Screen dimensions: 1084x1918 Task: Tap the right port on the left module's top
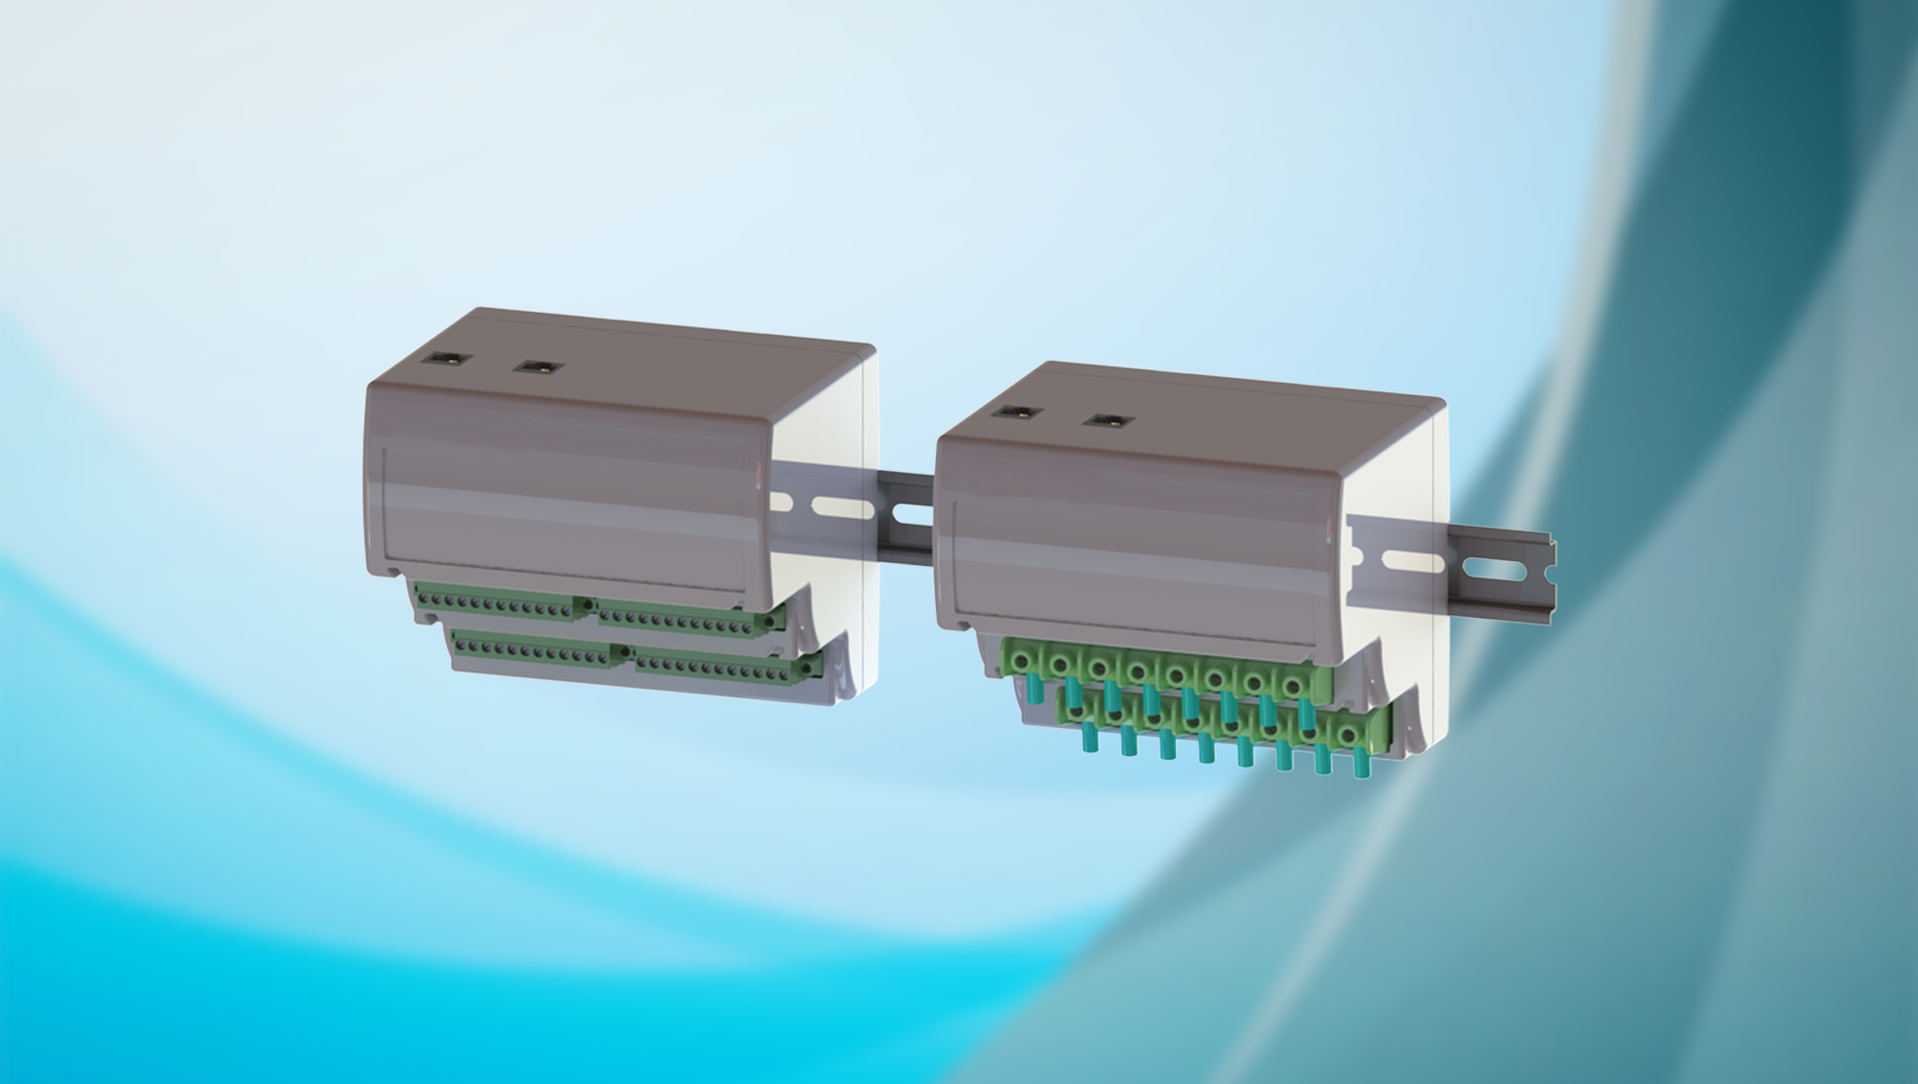pos(538,366)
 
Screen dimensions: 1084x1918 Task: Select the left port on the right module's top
pos(1017,412)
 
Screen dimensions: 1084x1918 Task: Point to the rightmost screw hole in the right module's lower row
pos(1349,736)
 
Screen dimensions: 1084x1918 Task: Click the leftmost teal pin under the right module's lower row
pos(1089,738)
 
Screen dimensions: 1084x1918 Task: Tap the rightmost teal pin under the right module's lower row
pos(1360,763)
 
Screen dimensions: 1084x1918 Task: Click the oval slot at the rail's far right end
pos(1496,571)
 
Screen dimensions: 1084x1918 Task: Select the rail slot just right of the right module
pos(1411,561)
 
